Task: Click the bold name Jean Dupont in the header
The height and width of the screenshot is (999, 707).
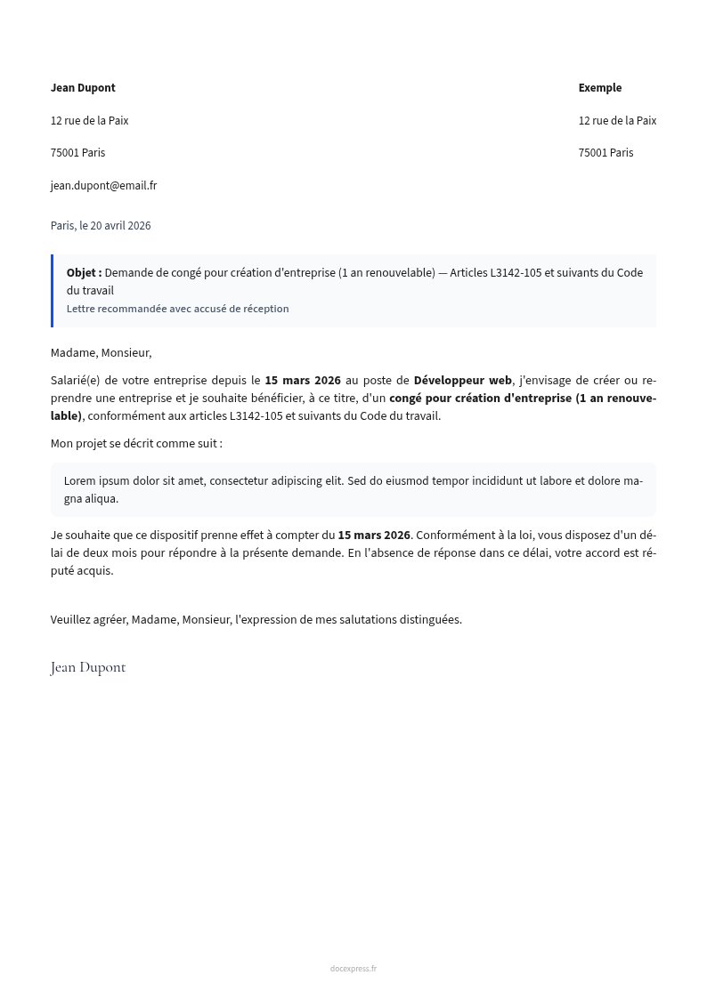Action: click(83, 88)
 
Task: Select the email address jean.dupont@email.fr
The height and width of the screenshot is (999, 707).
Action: click(103, 186)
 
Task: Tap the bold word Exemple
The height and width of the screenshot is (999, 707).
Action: click(600, 88)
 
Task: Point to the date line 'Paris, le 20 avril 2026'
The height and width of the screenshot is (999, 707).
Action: click(101, 226)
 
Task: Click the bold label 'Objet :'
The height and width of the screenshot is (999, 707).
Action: click(84, 273)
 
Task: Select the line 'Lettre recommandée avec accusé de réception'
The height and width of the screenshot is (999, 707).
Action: click(177, 309)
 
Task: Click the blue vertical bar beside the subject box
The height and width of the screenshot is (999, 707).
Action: click(53, 291)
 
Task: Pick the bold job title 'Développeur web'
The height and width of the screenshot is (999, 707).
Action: click(463, 381)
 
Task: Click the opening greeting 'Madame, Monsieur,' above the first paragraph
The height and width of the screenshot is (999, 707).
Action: click(101, 353)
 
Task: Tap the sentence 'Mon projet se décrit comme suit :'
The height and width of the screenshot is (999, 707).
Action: click(136, 444)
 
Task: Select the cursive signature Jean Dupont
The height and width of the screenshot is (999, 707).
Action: click(88, 668)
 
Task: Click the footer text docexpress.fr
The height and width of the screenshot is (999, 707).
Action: click(353, 969)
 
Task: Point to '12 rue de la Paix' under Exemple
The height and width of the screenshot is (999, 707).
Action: click(617, 121)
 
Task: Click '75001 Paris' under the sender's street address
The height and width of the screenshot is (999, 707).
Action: click(77, 153)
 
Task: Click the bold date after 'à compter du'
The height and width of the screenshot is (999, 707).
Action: click(374, 536)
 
